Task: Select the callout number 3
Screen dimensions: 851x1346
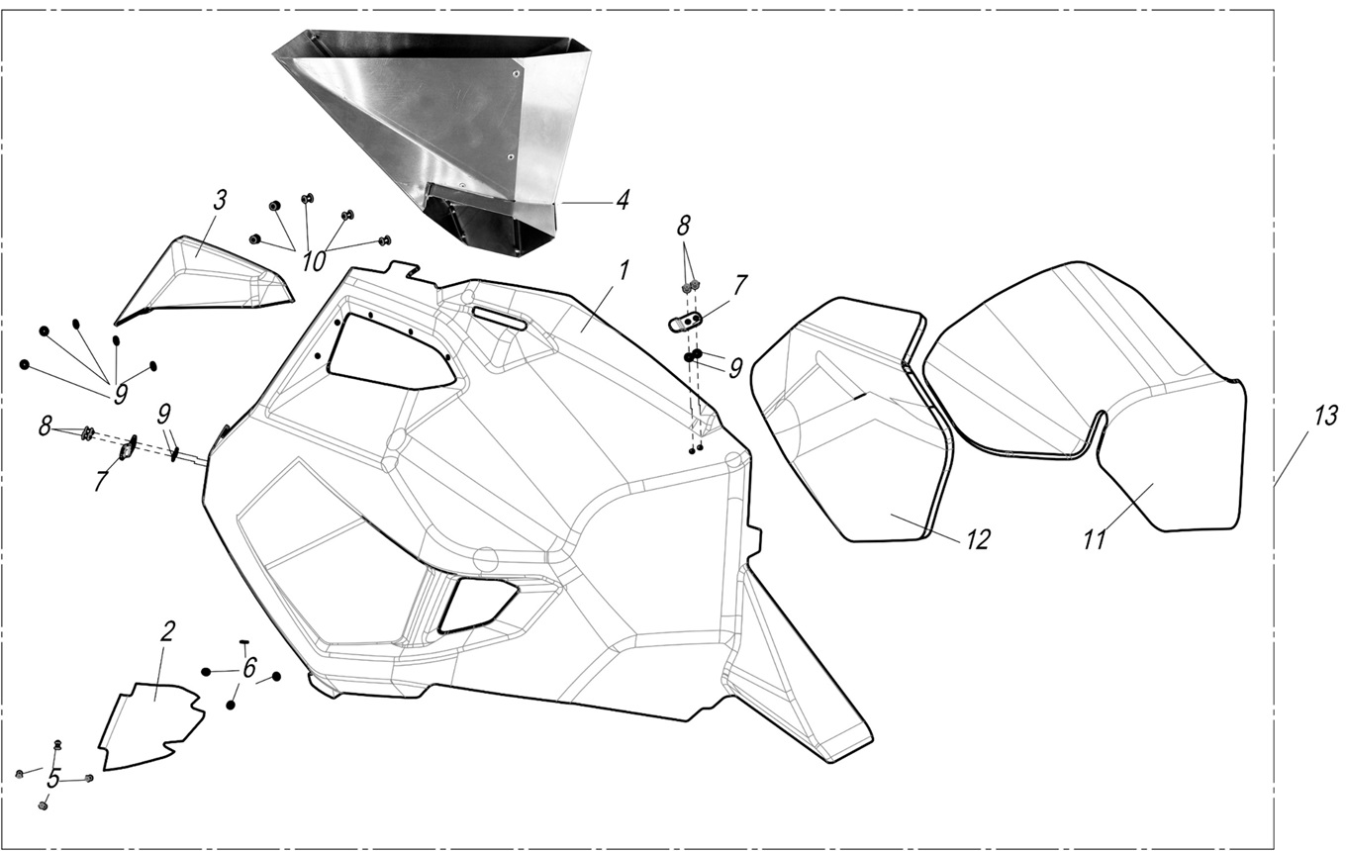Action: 220,200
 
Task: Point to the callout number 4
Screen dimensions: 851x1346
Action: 622,200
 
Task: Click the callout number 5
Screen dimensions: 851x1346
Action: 53,779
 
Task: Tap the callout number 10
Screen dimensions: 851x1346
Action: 313,262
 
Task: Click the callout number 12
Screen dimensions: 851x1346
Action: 978,539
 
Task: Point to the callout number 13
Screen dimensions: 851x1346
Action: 1325,417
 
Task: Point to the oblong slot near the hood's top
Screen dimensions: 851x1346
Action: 501,320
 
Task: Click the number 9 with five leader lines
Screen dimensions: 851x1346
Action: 120,395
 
